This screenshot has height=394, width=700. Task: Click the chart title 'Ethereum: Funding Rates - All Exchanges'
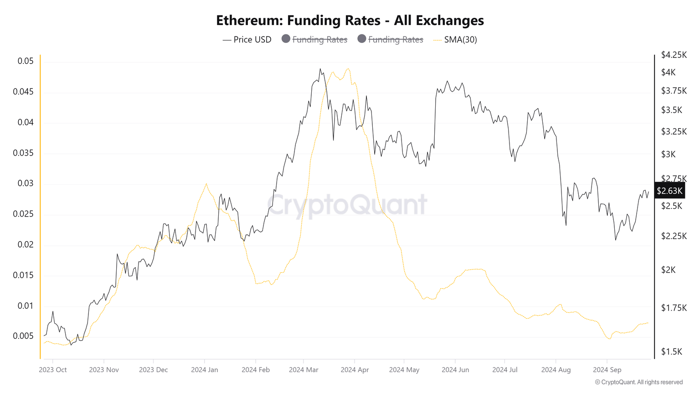pos(350,21)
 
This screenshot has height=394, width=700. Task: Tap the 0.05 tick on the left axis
pos(26,61)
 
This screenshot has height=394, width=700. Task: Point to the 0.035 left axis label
pos(23,153)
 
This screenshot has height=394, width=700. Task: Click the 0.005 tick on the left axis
pos(23,336)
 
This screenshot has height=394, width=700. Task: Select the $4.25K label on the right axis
pos(674,55)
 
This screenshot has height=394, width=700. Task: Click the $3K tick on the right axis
pos(668,154)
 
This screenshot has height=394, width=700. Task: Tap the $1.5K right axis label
pos(671,352)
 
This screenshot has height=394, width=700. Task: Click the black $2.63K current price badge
pos(669,191)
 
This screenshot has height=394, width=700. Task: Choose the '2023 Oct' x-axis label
pos(53,370)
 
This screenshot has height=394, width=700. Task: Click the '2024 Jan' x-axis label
pos(205,370)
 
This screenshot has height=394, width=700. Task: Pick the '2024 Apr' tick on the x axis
pos(355,370)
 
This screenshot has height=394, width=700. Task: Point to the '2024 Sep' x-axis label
pos(607,370)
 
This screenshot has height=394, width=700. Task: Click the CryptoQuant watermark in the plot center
pos(347,204)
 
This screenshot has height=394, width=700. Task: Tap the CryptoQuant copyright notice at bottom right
pos(639,382)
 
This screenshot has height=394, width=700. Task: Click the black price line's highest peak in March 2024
pos(320,69)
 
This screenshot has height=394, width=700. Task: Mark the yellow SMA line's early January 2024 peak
pos(206,184)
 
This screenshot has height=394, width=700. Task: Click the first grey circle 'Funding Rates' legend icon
pos(286,39)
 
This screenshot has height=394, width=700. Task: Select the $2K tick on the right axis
pos(668,270)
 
